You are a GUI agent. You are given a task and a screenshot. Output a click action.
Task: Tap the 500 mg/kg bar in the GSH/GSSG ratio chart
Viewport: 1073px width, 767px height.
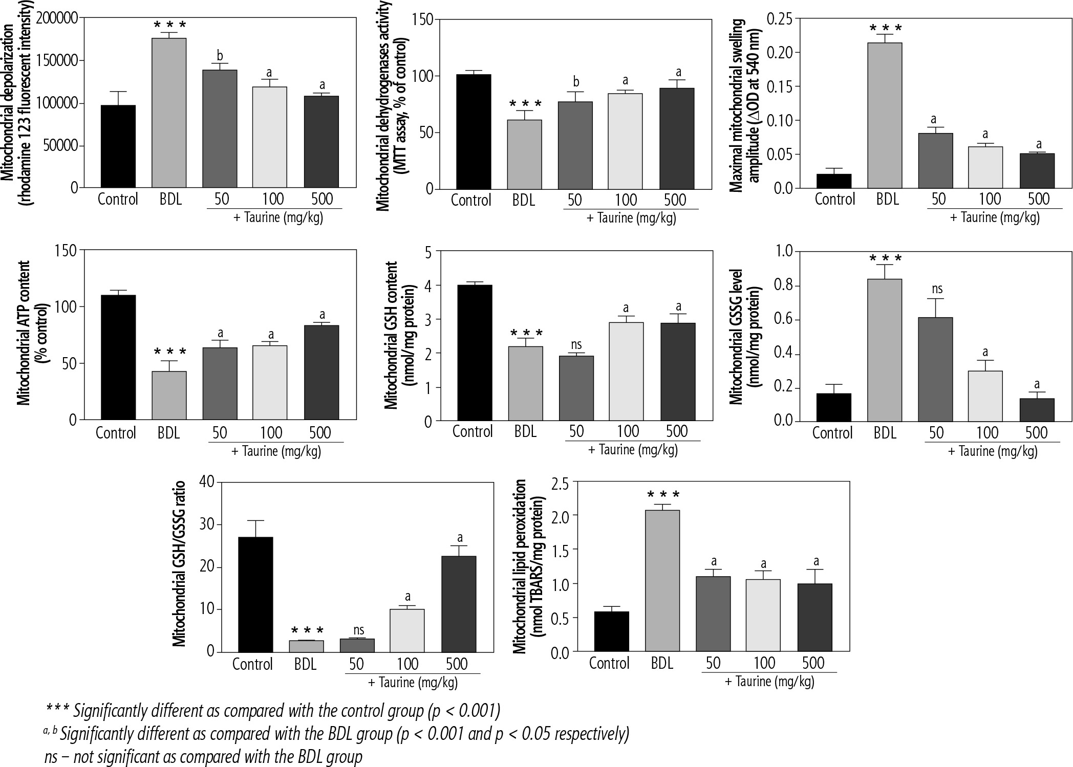click(x=459, y=604)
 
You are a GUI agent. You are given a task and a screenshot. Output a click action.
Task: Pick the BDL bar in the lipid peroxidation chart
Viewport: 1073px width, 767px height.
click(x=662, y=581)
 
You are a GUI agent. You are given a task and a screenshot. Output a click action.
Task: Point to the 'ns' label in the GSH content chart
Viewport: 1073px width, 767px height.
click(x=576, y=344)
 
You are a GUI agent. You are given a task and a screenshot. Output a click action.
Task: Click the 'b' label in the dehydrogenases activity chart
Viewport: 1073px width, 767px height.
click(x=576, y=82)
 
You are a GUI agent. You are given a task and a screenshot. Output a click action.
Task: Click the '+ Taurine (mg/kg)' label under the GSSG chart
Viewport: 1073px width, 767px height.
click(x=993, y=451)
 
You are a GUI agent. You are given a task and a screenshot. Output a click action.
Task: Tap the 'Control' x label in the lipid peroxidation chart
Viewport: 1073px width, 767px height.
click(x=609, y=664)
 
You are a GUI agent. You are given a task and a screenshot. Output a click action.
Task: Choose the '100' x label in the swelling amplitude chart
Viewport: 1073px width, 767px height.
click(x=989, y=199)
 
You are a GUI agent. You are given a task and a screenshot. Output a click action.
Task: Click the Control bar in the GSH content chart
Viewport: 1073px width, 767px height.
click(x=475, y=353)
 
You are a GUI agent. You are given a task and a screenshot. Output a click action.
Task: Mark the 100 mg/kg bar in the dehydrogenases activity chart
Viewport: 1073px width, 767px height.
click(x=626, y=141)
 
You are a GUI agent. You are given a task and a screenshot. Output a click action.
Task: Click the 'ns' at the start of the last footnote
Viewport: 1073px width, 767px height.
click(x=51, y=757)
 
